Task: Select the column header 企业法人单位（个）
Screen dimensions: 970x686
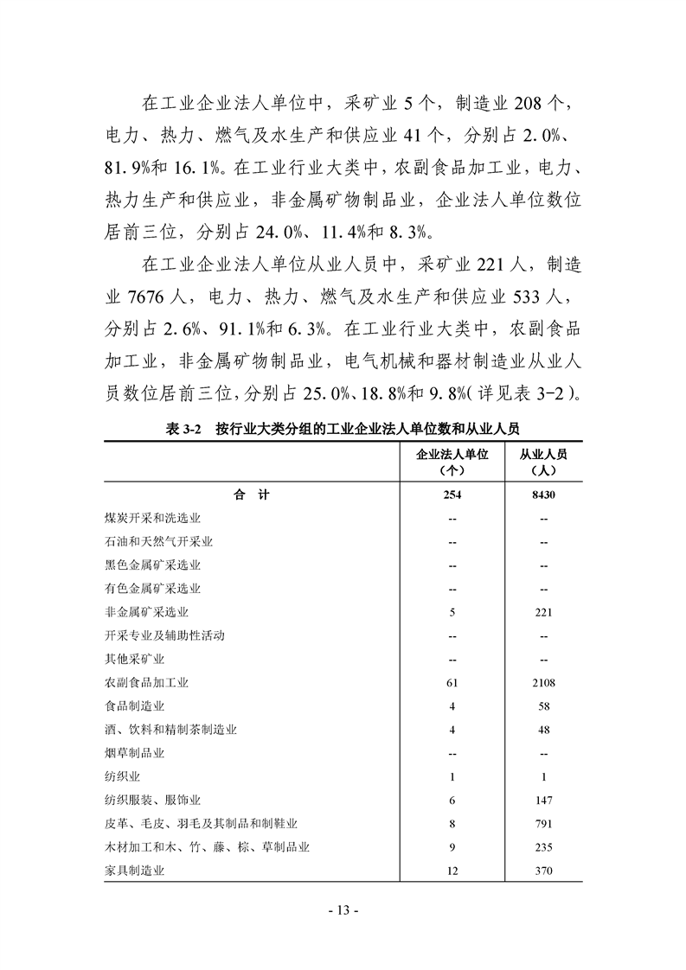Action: point(453,463)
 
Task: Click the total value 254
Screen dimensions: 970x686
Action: point(453,495)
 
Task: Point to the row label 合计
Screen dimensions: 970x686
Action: point(252,495)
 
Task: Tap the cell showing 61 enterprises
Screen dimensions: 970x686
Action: point(453,683)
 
